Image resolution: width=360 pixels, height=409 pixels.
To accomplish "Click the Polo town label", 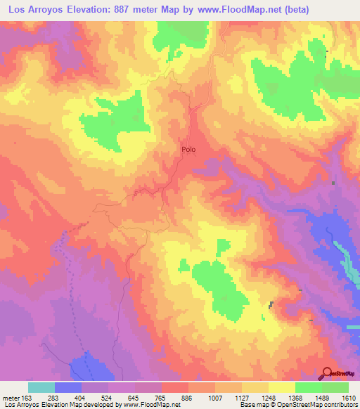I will [x=188, y=150].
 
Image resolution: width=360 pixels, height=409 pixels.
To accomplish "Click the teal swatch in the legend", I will [x=41, y=387].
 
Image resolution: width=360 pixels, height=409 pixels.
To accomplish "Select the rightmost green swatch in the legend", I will [x=335, y=387].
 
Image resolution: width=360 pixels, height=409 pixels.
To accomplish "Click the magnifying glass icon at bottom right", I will [x=326, y=373].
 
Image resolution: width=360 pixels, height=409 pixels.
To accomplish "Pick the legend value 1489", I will [x=309, y=398].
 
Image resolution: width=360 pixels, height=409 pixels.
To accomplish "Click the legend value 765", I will [x=145, y=398].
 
